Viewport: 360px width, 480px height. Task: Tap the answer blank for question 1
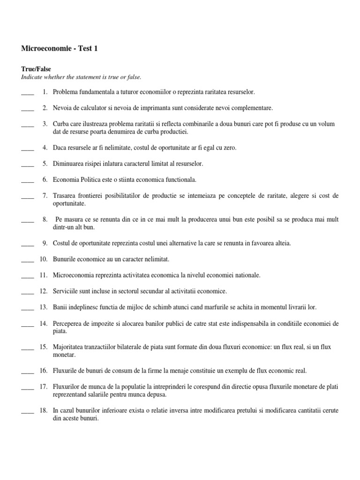click(28, 93)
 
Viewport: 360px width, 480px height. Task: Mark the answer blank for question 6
click(28, 180)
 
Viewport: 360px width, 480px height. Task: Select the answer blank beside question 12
click(28, 292)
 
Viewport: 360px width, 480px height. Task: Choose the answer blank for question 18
click(28, 411)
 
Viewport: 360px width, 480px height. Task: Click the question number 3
click(45, 124)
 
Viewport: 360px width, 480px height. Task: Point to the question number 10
click(44, 259)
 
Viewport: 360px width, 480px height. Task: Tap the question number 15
click(44, 347)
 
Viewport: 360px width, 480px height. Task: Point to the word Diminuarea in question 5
click(68, 164)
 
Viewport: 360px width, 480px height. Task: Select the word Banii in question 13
click(60, 307)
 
